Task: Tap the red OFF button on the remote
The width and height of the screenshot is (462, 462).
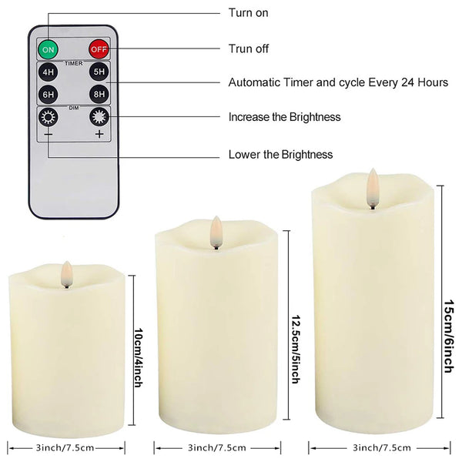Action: [98, 49]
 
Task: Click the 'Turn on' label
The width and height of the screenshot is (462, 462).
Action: [248, 13]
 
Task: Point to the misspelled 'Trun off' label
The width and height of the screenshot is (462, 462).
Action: [249, 49]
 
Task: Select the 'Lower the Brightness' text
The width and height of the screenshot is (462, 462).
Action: [280, 155]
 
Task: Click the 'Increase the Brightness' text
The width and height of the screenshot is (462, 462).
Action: [284, 117]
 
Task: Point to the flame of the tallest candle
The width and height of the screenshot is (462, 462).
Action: [373, 186]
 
